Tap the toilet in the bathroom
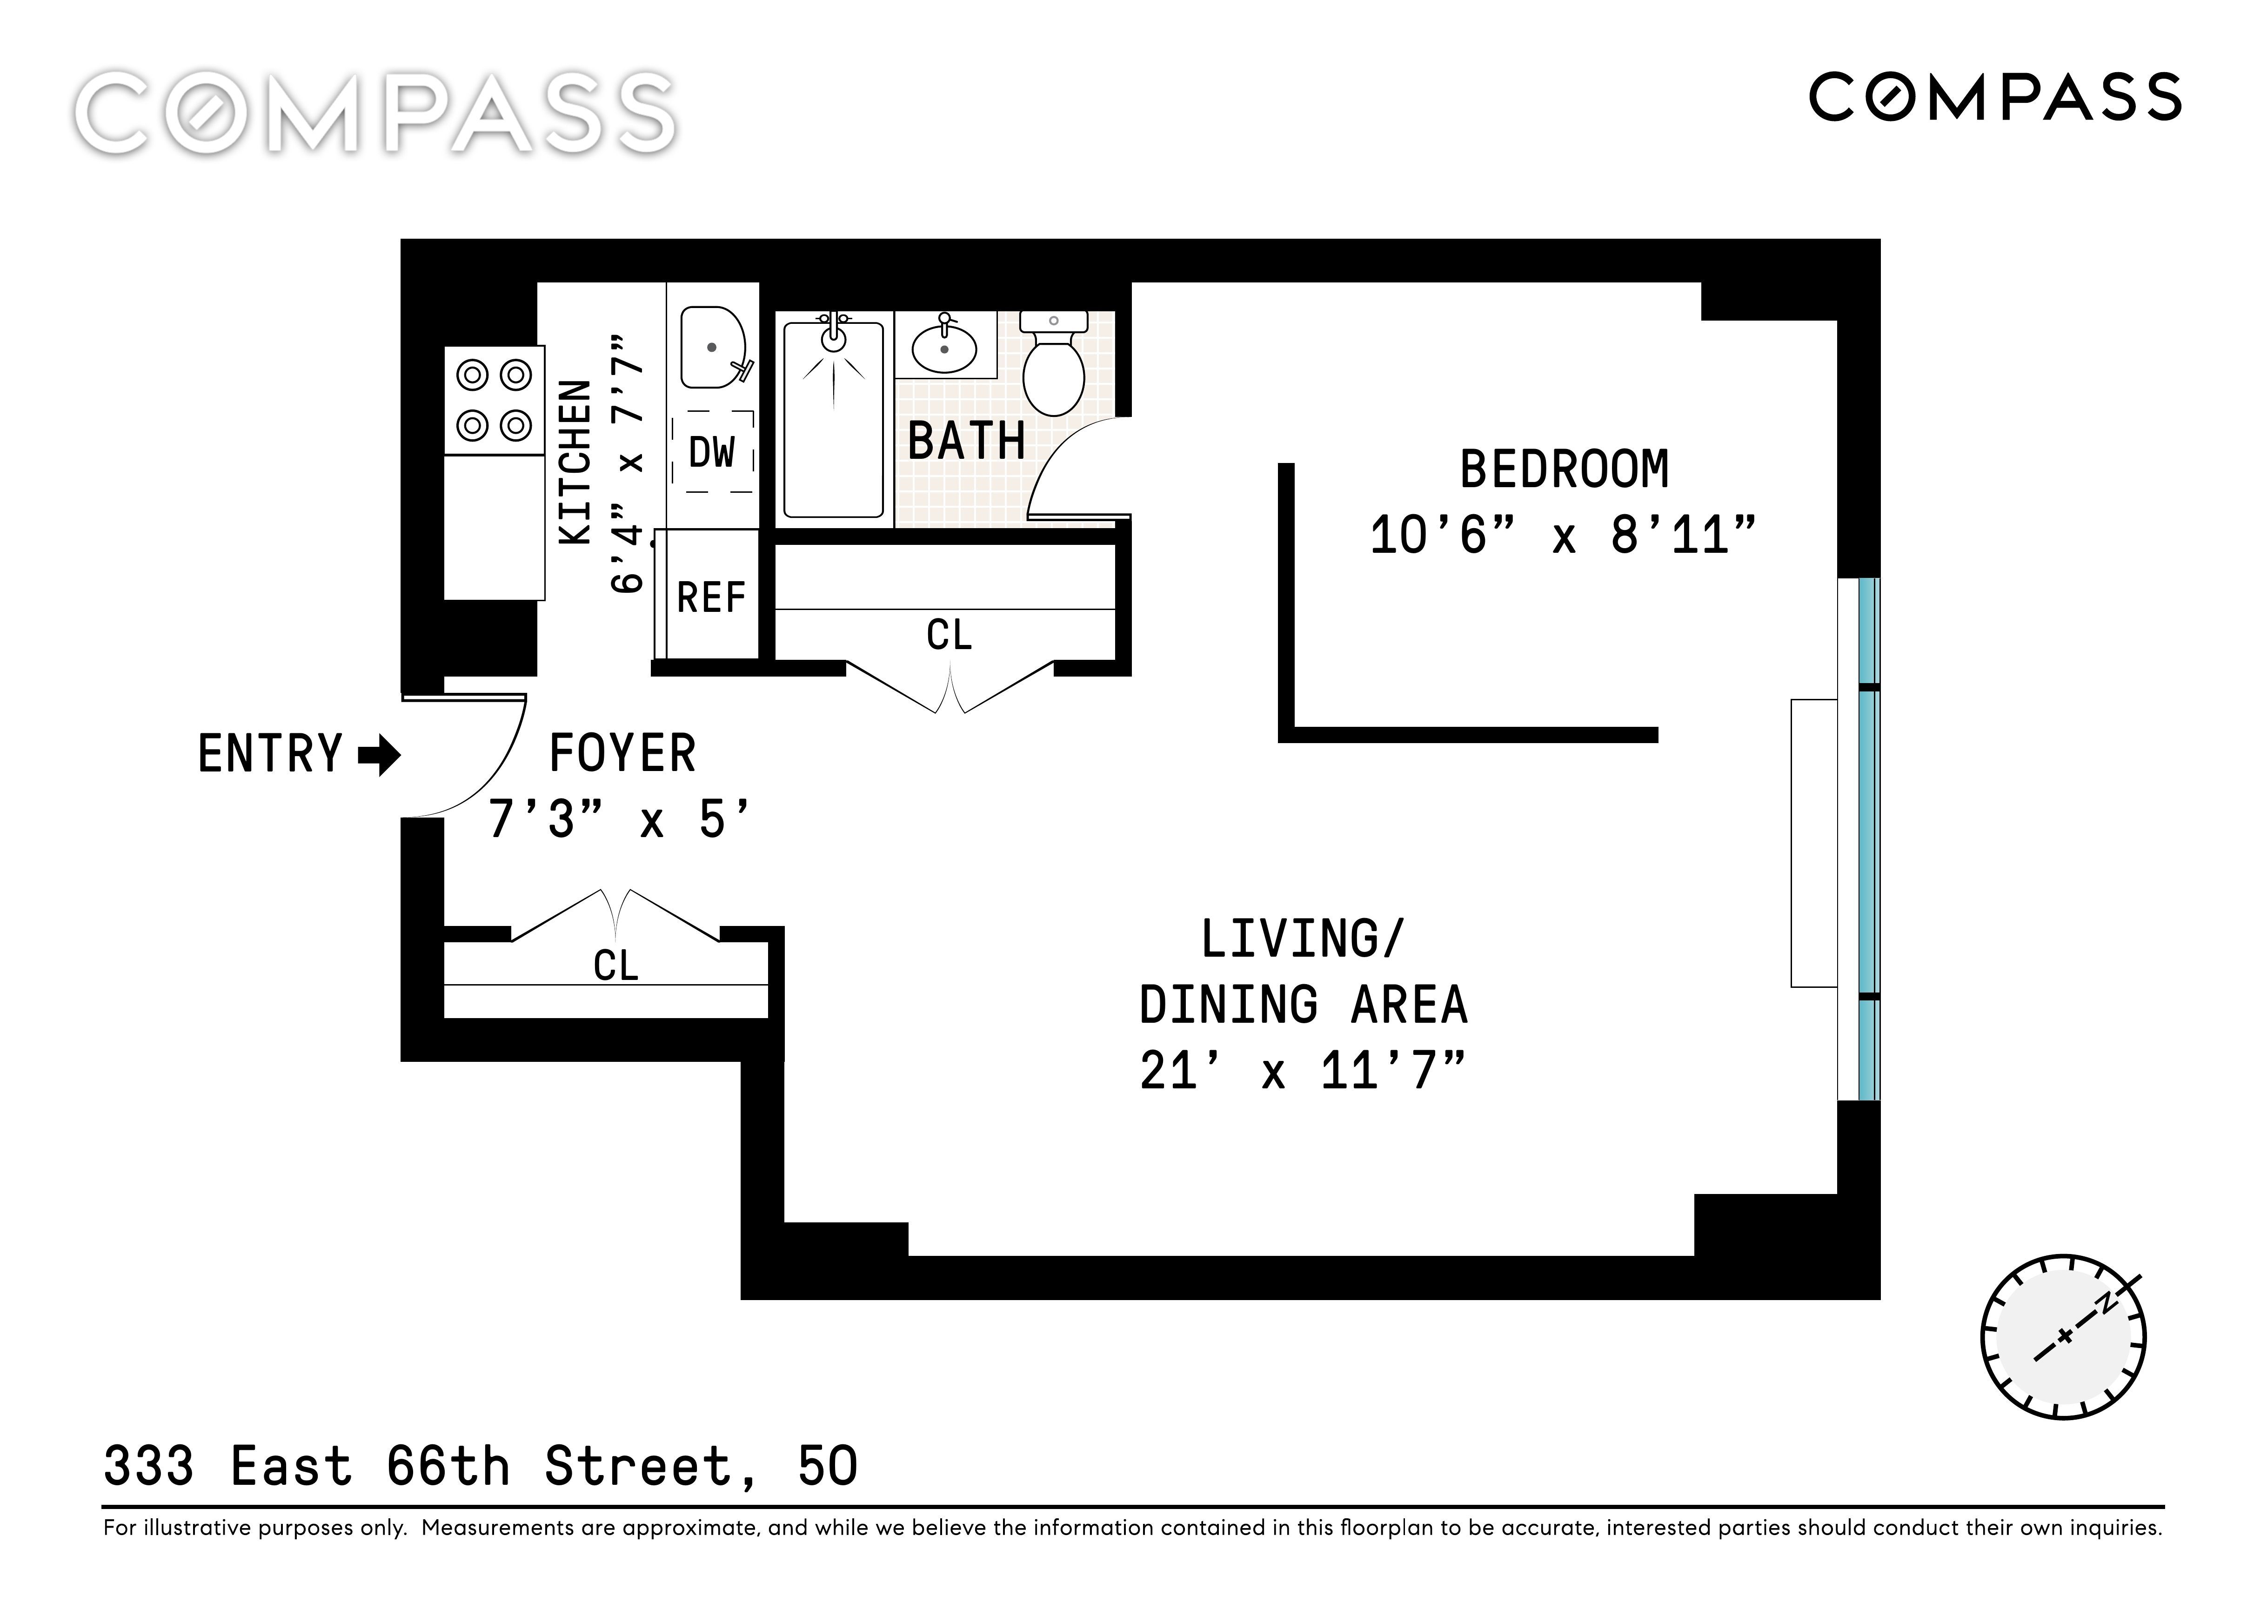tap(1054, 363)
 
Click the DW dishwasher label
tap(712, 452)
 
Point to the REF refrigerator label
tap(711, 597)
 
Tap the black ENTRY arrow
tap(379, 757)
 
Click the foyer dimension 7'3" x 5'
tap(619, 819)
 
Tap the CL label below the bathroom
tap(949, 635)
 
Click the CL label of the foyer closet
tap(616, 965)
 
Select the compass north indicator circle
tap(2064, 1338)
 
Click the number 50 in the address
tap(828, 1467)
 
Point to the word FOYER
tap(622, 754)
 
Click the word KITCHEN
tap(575, 462)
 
